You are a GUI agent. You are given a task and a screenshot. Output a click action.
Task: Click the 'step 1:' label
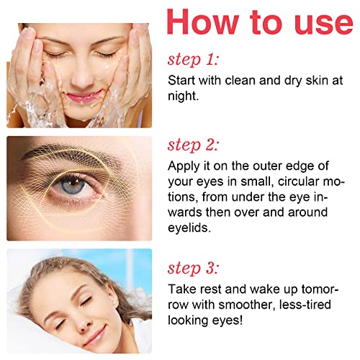click(x=193, y=58)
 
